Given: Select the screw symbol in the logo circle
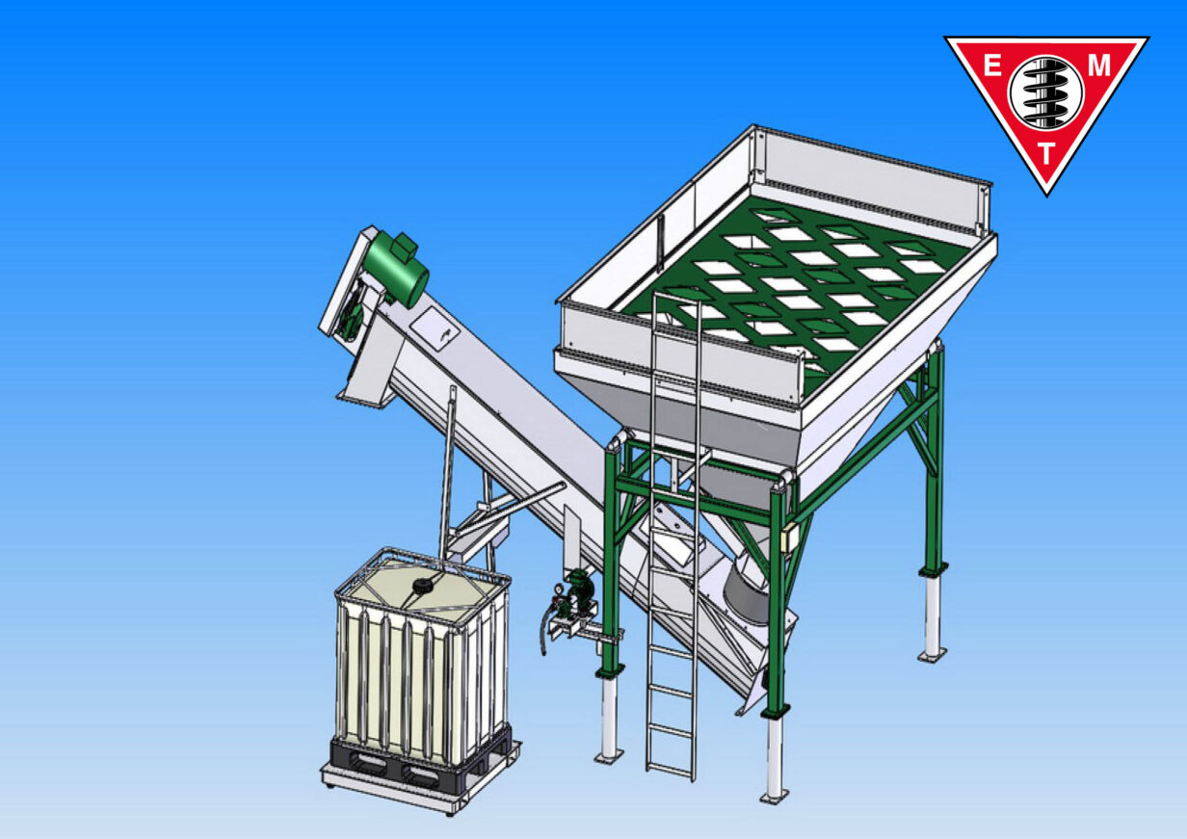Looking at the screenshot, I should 1045,92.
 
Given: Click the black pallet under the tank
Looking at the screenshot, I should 414,763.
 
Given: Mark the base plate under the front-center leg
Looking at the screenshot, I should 773,796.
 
